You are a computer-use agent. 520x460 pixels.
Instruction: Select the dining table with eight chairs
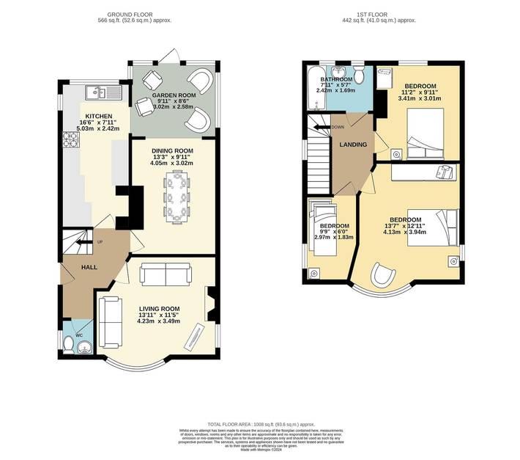click(176, 197)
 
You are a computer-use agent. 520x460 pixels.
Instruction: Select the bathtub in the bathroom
click(314, 84)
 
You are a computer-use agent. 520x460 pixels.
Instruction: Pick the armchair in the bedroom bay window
click(381, 275)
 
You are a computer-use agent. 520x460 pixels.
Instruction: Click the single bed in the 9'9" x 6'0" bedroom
click(320, 233)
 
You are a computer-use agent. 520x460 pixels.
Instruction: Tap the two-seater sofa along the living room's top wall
click(166, 274)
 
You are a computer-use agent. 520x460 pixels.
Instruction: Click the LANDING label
click(353, 145)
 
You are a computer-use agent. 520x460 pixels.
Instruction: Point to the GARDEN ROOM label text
click(173, 96)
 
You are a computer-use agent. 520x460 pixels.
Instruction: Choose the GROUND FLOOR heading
click(130, 14)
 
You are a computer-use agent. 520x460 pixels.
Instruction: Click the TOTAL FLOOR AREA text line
click(260, 425)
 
